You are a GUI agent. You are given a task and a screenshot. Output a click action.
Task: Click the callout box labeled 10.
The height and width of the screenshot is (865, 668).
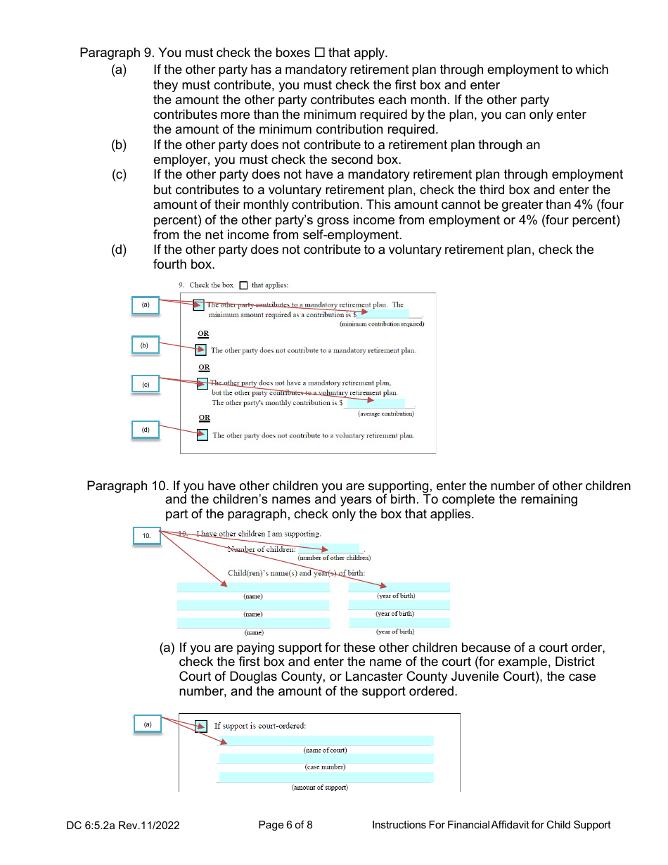click(x=146, y=536)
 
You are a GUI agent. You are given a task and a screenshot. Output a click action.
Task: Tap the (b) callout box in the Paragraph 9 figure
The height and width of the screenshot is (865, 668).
click(x=146, y=345)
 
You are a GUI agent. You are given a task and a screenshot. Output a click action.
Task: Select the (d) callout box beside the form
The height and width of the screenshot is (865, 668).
click(x=146, y=430)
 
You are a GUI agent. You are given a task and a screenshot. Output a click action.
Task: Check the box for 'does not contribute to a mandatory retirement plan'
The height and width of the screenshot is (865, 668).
click(x=201, y=350)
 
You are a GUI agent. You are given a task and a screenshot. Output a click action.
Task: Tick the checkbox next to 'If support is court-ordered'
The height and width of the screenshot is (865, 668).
click(x=201, y=726)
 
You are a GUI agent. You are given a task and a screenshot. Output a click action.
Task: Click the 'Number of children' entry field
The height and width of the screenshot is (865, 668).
click(x=328, y=549)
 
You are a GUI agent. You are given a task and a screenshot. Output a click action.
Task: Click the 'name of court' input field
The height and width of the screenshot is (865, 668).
click(x=326, y=741)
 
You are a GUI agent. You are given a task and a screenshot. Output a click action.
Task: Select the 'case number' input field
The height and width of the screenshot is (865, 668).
click(x=326, y=758)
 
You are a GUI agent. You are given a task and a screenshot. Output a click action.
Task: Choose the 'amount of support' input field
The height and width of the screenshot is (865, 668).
click(x=326, y=777)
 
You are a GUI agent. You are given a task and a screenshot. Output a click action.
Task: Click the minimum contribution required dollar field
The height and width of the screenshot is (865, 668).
click(x=384, y=314)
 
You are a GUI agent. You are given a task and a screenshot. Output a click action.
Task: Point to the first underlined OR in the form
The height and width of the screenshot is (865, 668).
click(x=203, y=334)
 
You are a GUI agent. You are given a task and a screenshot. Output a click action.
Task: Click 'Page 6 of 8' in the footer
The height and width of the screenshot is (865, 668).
click(x=285, y=825)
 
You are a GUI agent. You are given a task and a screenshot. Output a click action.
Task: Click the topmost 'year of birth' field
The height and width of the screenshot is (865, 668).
click(x=399, y=587)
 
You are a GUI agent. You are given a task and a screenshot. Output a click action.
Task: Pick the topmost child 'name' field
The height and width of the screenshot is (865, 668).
click(x=253, y=587)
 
